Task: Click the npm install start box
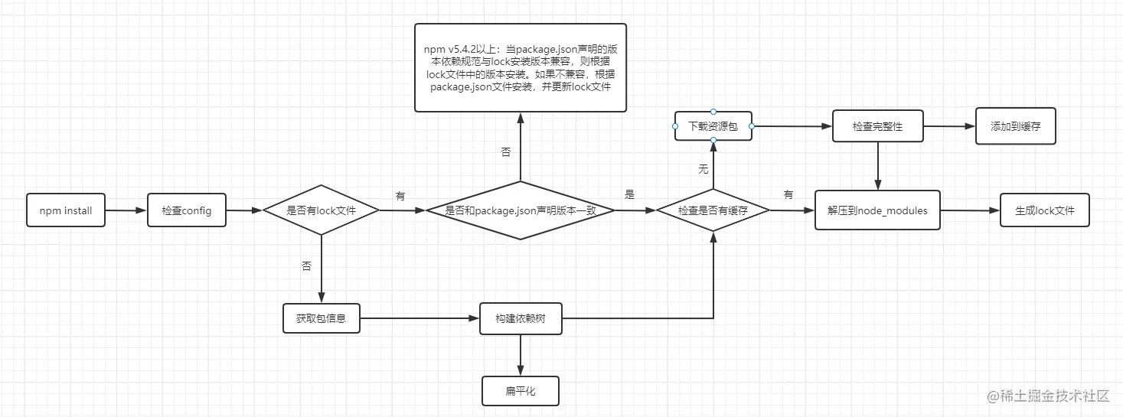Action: click(66, 210)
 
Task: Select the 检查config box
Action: click(187, 210)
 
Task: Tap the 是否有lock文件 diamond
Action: click(321, 210)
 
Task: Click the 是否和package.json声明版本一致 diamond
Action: click(521, 210)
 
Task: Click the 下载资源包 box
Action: click(713, 125)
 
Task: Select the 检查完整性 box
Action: click(877, 126)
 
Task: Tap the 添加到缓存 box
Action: click(1016, 126)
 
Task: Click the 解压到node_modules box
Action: click(877, 210)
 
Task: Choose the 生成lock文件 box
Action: click(1045, 210)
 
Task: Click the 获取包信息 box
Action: click(321, 318)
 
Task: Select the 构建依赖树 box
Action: click(521, 318)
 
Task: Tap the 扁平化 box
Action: click(521, 391)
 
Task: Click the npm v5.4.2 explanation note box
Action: click(521, 67)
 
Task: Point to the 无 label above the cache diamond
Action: click(703, 169)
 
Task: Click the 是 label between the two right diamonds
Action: click(630, 195)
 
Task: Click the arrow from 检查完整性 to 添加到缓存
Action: click(949, 126)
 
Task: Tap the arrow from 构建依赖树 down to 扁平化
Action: click(521, 355)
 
